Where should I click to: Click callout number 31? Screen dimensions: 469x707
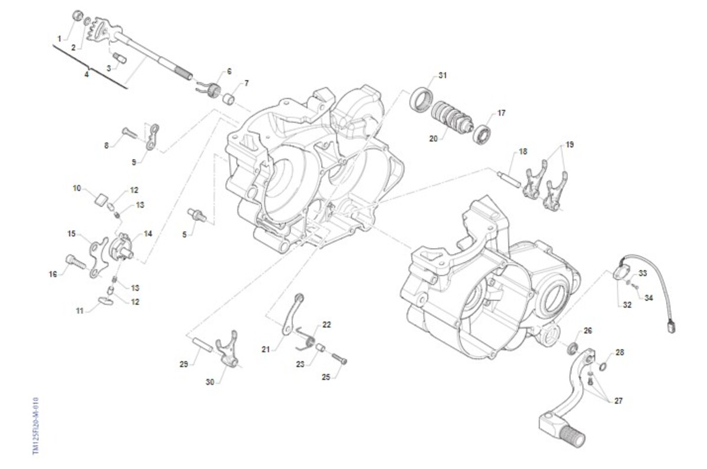click(442, 75)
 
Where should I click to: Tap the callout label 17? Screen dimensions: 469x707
click(501, 113)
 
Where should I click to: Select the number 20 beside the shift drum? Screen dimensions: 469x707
click(433, 139)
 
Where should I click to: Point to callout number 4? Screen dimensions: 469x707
click(86, 74)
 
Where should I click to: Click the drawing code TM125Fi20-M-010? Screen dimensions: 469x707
click(37, 425)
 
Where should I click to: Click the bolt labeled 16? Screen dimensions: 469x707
click(72, 262)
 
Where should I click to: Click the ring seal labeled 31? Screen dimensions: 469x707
click(422, 98)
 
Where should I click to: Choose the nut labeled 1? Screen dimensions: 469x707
click(77, 15)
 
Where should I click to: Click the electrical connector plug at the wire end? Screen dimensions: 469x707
click(670, 325)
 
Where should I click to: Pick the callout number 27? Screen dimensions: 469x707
click(617, 401)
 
